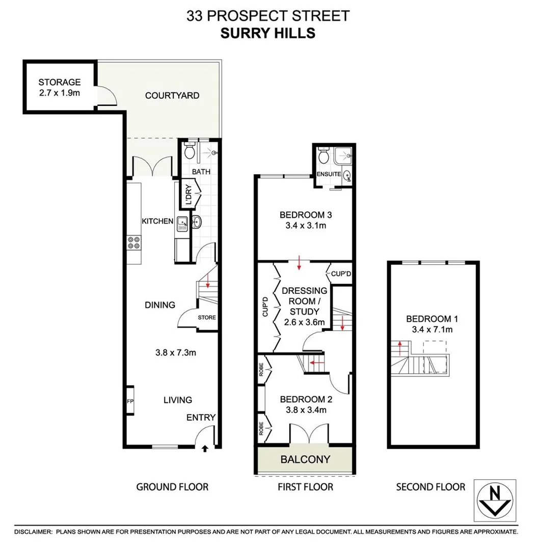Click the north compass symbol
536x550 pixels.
pyautogui.click(x=494, y=500)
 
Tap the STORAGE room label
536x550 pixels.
pyautogui.click(x=60, y=82)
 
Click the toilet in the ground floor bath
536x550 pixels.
pyautogui.click(x=190, y=151)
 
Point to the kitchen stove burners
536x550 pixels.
pyautogui.click(x=134, y=242)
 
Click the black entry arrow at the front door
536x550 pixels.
pyautogui.click(x=205, y=449)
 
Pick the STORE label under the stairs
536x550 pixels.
pyautogui.click(x=207, y=318)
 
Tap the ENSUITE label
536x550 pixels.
pyautogui.click(x=329, y=174)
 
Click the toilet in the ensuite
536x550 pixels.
pyautogui.click(x=323, y=156)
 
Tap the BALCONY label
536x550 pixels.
pyautogui.click(x=305, y=459)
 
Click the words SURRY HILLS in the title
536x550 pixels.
pyautogui.click(x=267, y=33)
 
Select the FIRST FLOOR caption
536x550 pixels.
pyautogui.click(x=305, y=487)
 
